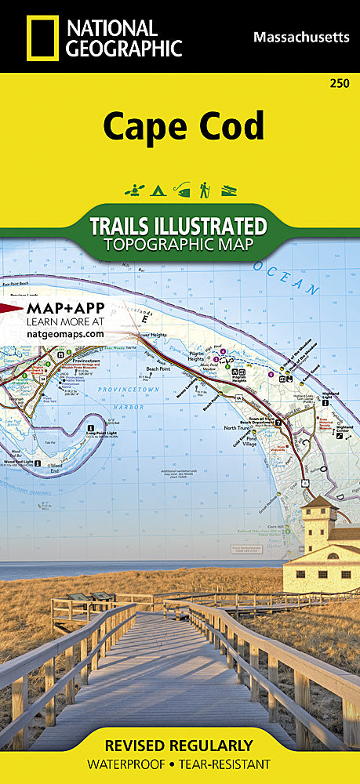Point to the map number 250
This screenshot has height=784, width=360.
pyautogui.click(x=340, y=84)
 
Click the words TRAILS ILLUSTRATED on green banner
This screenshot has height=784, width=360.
pyautogui.click(x=178, y=227)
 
